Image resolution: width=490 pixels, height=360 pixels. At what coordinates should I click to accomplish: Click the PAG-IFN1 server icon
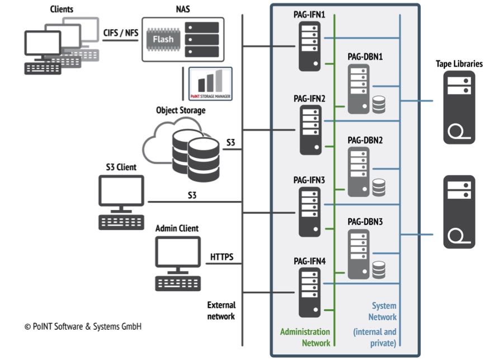coord(310,46)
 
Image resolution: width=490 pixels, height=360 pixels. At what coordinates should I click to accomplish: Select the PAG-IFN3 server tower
coord(310,212)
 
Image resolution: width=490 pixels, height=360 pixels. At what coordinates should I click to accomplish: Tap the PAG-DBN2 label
coord(365,139)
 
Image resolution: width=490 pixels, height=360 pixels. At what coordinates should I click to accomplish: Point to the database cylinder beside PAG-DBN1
coord(379,104)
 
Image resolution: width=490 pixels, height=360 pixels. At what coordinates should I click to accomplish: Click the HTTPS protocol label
coord(222,258)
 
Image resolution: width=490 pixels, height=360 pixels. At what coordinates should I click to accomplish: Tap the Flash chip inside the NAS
coord(163,40)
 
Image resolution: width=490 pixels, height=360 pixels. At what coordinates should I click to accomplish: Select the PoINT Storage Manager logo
coord(210,84)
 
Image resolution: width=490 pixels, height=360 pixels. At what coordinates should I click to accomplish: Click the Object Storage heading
coord(180,110)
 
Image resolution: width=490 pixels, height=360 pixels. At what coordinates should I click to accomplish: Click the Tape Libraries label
coord(459,64)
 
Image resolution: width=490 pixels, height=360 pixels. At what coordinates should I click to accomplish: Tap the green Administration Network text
coord(305,337)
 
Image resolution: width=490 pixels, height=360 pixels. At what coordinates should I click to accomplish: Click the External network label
coord(222,310)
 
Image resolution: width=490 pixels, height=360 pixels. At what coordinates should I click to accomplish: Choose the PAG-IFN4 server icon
coord(310,293)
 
